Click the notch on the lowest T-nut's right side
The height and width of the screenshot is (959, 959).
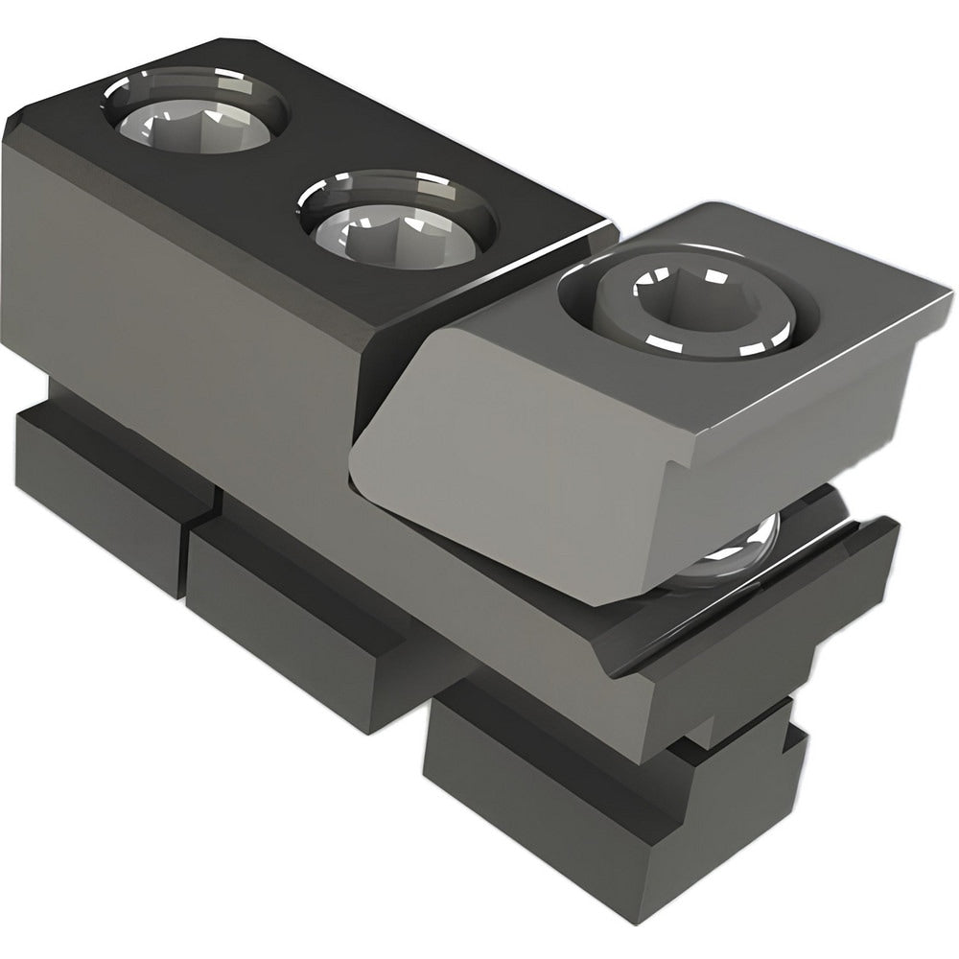[791, 743]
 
